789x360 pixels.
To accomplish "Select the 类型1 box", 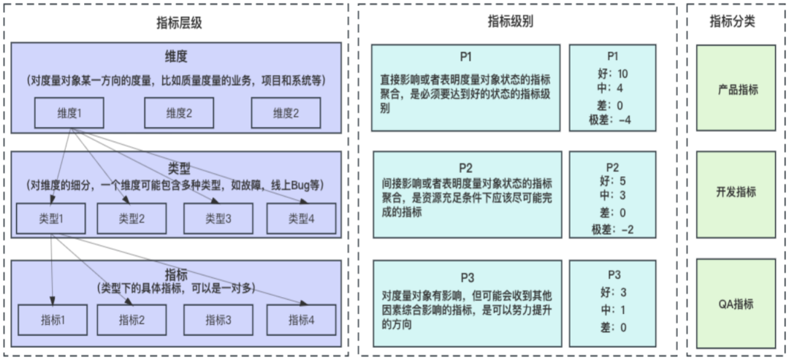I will tap(51, 218).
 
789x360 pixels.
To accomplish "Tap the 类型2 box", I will tap(131, 218).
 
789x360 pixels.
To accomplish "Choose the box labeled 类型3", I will tap(218, 218).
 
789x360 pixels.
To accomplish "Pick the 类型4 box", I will tap(301, 218).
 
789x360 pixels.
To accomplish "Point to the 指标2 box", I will tap(131, 319).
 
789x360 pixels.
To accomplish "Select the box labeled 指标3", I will tap(218, 319).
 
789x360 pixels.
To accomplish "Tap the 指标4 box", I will tap(301, 319).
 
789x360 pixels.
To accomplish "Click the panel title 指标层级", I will tap(179, 23).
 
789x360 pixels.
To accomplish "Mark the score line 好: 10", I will tap(612, 74).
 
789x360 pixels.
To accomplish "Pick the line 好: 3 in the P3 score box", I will tap(612, 292).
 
